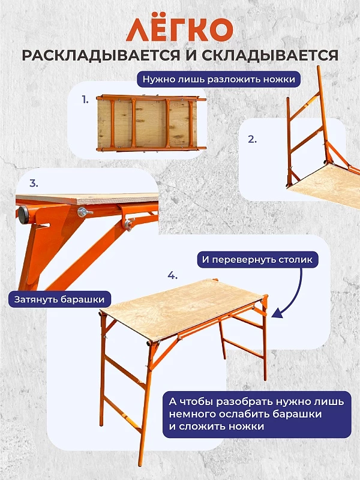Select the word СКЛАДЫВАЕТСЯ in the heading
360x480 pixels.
pos(270,55)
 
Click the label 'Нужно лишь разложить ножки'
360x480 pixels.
pos(218,79)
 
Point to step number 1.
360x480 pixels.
pos(85,100)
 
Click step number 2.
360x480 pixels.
pos(252,139)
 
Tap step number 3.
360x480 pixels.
pos(34,184)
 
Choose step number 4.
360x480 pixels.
pos(172,275)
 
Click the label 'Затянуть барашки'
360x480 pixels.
pos(59,299)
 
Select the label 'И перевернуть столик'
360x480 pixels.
pos(257,260)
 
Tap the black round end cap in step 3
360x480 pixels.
pos(23,214)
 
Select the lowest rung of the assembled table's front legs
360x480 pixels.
pos(123,414)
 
